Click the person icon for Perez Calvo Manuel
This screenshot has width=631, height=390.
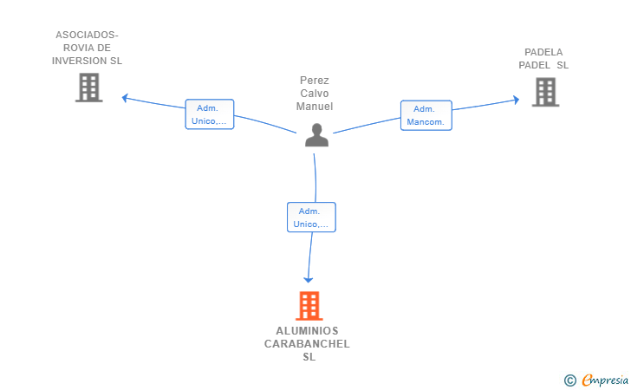pyautogui.click(x=316, y=135)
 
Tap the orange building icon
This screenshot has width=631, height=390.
pyautogui.click(x=309, y=305)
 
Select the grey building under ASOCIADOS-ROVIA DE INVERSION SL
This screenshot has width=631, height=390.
pyautogui.click(x=89, y=88)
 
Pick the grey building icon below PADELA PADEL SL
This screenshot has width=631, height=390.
pyautogui.click(x=545, y=92)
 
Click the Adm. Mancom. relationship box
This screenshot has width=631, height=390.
pyautogui.click(x=426, y=115)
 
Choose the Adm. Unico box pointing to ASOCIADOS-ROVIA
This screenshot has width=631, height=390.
pyautogui.click(x=209, y=114)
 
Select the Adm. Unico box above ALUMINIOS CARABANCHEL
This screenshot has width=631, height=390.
pyautogui.click(x=311, y=218)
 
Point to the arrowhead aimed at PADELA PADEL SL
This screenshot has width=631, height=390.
pyautogui.click(x=517, y=100)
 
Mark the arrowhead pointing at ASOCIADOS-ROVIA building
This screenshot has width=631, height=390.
pyautogui.click(x=125, y=98)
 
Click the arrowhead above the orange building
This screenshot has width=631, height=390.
pyautogui.click(x=309, y=279)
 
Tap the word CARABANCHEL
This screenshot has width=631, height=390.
pyautogui.click(x=307, y=344)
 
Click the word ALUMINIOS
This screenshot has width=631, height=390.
pyautogui.click(x=307, y=331)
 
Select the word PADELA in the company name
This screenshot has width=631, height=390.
pyautogui.click(x=543, y=52)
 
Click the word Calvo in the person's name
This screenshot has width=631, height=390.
pyautogui.click(x=315, y=94)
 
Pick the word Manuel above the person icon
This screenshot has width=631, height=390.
pyautogui.click(x=315, y=107)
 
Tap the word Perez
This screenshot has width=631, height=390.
pyautogui.click(x=315, y=81)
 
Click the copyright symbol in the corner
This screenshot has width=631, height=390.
pyautogui.click(x=569, y=380)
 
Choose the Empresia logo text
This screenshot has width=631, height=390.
pyautogui.click(x=605, y=380)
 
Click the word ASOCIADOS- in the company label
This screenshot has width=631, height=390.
pyautogui.click(x=87, y=35)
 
